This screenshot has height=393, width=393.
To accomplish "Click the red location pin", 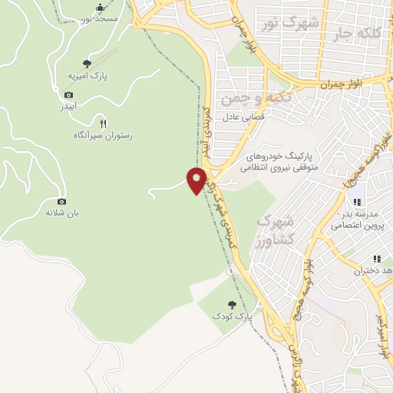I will coord(197,180).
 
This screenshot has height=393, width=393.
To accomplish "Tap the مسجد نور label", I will coord(100,18).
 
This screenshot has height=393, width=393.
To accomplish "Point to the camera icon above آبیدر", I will coord(69,94).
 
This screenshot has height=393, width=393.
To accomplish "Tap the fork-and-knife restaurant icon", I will coord(102,123).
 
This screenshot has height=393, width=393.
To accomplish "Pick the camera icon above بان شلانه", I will coord(62,200).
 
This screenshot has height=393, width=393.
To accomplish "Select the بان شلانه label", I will coord(62,212).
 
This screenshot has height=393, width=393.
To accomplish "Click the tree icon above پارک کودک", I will coord(232,305).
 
